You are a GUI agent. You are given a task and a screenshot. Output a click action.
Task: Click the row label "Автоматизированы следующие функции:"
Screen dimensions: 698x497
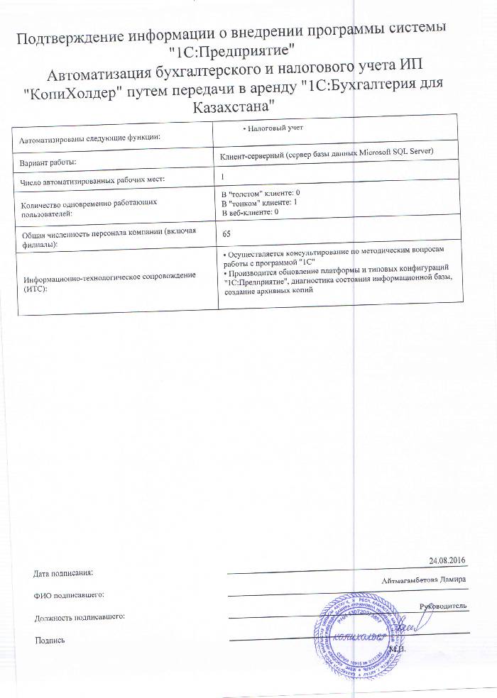point(89,137)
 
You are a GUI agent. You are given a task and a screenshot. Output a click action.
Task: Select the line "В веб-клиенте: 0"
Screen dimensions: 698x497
point(251,212)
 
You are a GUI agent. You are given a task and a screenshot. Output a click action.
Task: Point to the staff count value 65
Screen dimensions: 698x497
point(226,233)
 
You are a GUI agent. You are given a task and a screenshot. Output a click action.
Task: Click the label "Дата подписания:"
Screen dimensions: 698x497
point(63,572)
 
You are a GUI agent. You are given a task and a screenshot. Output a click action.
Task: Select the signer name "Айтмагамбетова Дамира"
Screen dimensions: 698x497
point(423,580)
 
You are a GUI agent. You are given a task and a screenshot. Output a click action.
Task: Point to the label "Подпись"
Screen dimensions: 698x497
point(50,641)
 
